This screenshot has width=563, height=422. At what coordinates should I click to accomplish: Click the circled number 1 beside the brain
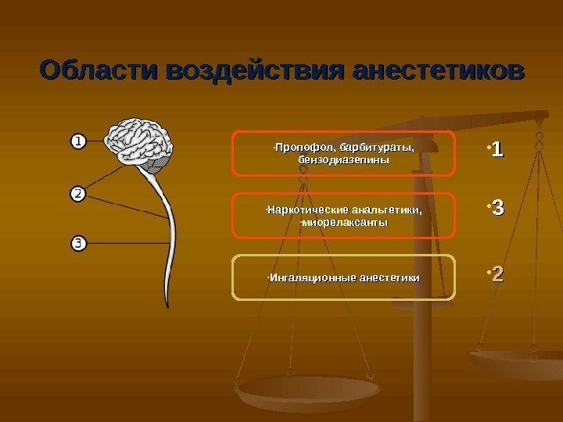click(x=77, y=141)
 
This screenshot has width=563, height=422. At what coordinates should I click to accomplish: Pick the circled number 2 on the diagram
click(x=77, y=192)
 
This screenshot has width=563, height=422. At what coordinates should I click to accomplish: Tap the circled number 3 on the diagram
click(x=77, y=243)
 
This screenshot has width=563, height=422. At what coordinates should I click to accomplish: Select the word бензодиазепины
click(x=343, y=159)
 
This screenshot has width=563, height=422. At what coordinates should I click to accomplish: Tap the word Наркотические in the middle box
click(x=307, y=210)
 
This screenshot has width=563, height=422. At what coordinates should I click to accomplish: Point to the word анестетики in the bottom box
click(x=387, y=278)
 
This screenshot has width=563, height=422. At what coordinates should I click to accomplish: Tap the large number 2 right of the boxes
click(x=497, y=274)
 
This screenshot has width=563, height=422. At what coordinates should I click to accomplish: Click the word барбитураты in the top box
click(x=373, y=147)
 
